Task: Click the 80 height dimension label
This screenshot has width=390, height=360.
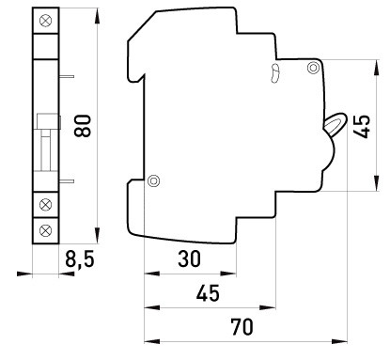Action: (83, 126)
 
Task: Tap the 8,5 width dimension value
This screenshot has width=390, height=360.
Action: (80, 259)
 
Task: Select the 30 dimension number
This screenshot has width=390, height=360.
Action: (189, 259)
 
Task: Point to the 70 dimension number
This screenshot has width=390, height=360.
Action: (242, 327)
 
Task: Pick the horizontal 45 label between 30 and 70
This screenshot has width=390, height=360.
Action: (208, 293)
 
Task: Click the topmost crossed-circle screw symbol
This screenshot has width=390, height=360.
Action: (46, 21)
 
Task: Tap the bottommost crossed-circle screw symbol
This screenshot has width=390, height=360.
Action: (46, 230)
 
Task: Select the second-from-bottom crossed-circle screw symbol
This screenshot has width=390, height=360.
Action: (46, 205)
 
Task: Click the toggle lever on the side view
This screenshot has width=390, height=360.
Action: (335, 124)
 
